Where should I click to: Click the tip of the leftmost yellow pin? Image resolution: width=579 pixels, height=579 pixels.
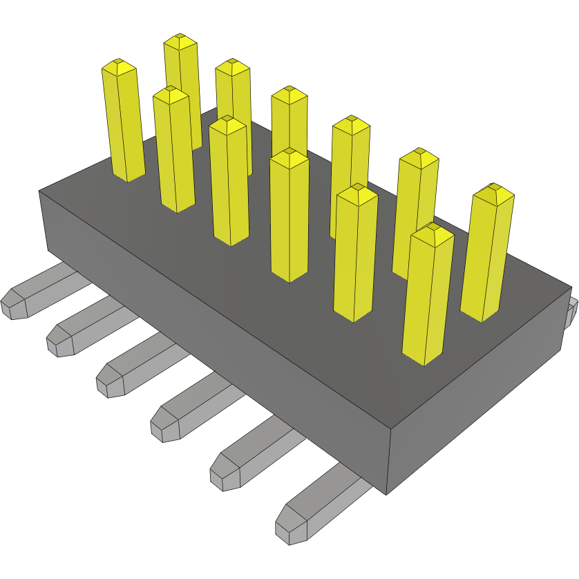118,67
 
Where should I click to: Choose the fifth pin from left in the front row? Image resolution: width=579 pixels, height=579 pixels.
355,256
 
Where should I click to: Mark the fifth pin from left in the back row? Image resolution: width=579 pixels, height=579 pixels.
417,207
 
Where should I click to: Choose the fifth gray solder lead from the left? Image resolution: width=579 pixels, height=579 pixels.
249,456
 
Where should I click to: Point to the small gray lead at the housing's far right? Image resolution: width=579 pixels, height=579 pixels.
571,314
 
